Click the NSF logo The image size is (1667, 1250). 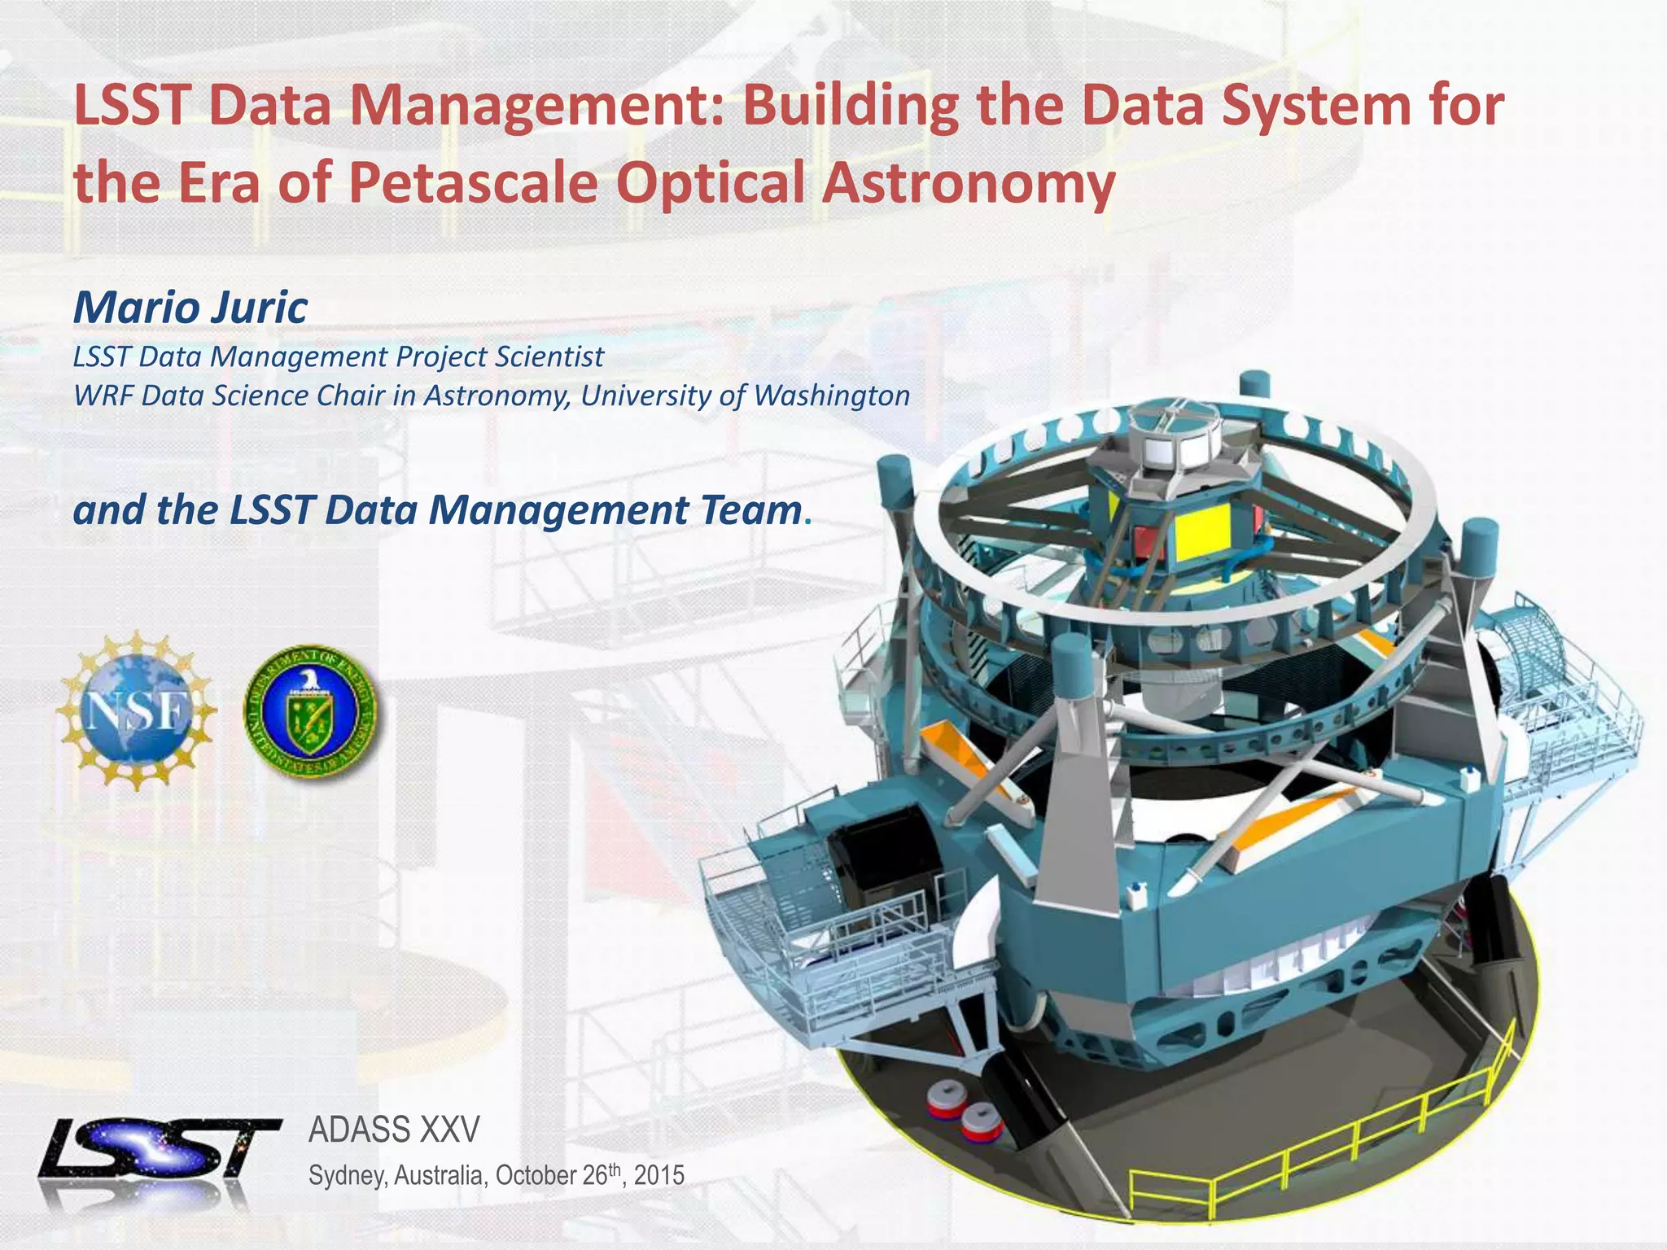137,710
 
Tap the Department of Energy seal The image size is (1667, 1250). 310,713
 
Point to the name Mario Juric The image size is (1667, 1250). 190,308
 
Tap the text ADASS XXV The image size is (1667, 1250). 394,1130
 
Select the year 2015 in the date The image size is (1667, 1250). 659,1176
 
